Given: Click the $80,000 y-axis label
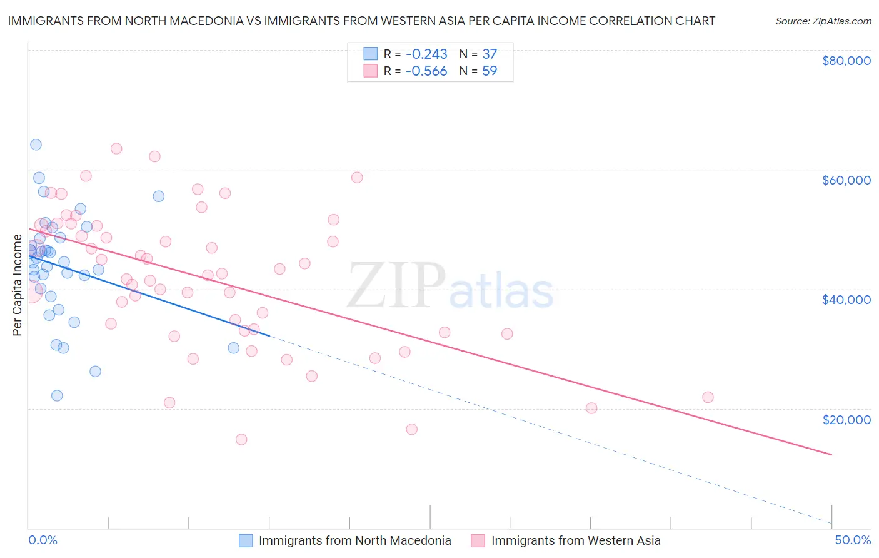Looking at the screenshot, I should coord(846,61).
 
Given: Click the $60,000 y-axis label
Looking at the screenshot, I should coord(846,180).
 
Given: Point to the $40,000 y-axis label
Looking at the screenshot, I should coord(846,300).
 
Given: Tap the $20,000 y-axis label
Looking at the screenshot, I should coord(846,419).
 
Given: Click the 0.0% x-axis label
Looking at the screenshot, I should coord(43,540).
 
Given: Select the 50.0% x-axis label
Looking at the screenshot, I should coord(853,540).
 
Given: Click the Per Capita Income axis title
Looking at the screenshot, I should coord(18,285).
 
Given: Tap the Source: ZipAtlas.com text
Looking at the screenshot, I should coord(823,21).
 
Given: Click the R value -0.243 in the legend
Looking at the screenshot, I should coord(426,54).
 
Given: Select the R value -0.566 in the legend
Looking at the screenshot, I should coord(426,71).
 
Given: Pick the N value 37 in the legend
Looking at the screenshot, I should coord(490,54).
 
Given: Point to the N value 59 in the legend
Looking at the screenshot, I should coord(490,71).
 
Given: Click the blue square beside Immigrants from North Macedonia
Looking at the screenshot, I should coord(246,540).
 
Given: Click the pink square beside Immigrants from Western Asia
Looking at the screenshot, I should coord(478,540).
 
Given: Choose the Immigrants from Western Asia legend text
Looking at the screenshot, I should coord(576,540).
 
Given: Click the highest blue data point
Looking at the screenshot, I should coord(36,145).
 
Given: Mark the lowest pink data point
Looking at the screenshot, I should coord(241,439).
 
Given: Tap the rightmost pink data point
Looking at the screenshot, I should coord(708,397).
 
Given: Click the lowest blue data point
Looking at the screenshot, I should coord(57,395).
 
